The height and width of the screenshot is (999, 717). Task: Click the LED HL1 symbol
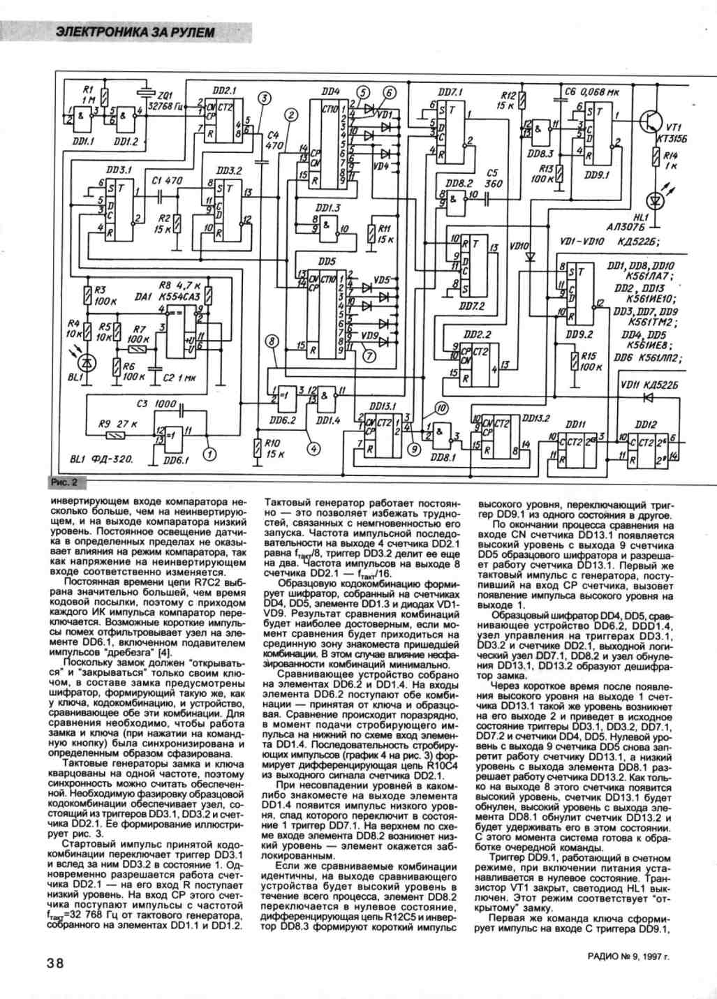[x=655, y=201]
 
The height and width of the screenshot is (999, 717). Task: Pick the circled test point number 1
[x=207, y=455]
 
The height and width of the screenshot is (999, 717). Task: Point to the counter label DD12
[x=646, y=423]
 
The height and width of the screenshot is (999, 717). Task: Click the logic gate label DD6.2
[x=283, y=420]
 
